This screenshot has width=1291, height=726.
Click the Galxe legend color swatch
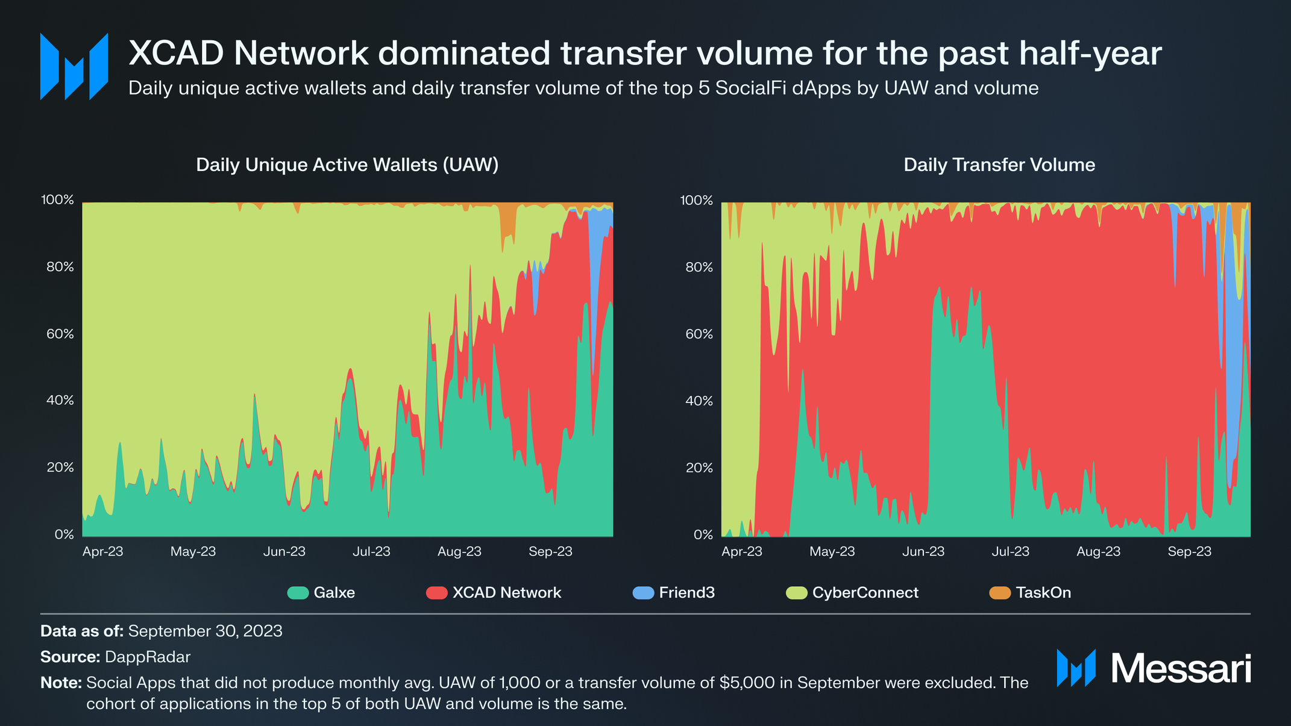[x=298, y=593]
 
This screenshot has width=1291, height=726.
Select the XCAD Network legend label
[x=506, y=593]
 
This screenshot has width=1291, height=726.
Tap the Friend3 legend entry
[x=686, y=593]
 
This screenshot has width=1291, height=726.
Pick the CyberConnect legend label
[x=865, y=593]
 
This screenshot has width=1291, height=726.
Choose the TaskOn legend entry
[x=1043, y=593]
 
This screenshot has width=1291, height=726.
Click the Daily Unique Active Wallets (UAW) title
[x=347, y=165]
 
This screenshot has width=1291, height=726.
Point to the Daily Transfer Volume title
[x=999, y=165]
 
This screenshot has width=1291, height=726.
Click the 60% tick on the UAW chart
[x=60, y=334]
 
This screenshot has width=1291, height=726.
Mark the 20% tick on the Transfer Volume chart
[x=699, y=468]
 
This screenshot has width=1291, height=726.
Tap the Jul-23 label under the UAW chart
[x=371, y=551]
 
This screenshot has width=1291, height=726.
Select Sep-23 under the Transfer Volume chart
[x=1189, y=551]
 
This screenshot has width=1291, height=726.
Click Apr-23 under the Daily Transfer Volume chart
[x=741, y=551]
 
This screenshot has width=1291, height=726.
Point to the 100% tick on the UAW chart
[x=57, y=200]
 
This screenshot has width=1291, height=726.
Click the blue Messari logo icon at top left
[x=74, y=66]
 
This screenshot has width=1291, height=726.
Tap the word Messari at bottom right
[x=1181, y=668]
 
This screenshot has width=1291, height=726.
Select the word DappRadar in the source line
[x=148, y=657]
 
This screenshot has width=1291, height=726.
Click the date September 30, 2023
[x=205, y=631]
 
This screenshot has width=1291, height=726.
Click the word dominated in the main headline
[x=464, y=53]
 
